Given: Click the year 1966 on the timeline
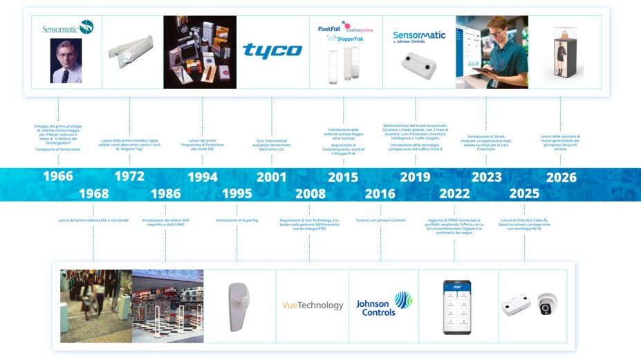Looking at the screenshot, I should click(58, 177).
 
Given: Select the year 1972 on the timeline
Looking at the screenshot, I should click(129, 177).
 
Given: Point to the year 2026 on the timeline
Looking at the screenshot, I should click(561, 177).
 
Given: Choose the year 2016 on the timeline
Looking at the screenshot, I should click(380, 194).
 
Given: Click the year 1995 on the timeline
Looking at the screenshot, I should click(236, 194).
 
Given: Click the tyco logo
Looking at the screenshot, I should click(272, 50).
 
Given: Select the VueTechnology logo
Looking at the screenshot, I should click(313, 305).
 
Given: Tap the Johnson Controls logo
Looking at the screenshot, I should click(384, 304).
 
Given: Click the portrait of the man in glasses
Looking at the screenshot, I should click(66, 60).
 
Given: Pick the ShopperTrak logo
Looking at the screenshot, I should click(350, 39).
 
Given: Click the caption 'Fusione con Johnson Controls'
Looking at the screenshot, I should click(380, 220).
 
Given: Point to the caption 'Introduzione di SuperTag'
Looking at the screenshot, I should click(236, 220).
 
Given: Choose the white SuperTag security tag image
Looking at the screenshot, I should click(238, 304).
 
